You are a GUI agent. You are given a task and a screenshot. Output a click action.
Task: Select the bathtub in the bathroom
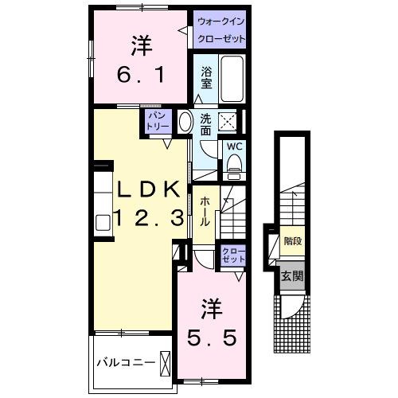click(x=232, y=79)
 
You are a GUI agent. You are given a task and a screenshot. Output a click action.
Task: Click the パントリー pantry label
click(x=155, y=122)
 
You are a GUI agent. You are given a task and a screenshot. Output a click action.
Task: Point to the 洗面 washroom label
click(x=205, y=124)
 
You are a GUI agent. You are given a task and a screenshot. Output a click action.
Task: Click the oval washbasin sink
click(x=185, y=123)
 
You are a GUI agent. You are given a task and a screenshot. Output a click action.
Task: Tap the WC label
click(x=236, y=146)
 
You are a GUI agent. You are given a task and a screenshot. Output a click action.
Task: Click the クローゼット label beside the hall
click(x=233, y=256)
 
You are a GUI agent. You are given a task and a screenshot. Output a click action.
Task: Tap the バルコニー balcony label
click(x=125, y=363)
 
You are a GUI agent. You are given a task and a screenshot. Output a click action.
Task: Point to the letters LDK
click(x=148, y=189)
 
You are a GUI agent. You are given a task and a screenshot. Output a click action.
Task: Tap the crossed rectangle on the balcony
click(x=166, y=363)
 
